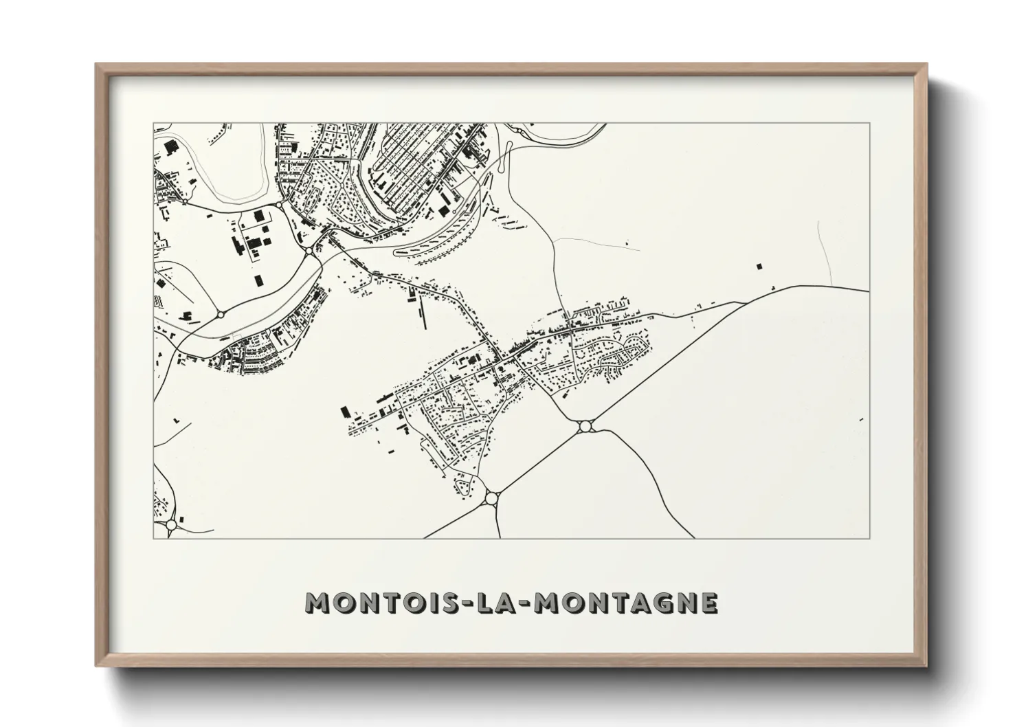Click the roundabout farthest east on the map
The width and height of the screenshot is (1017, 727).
[585, 427]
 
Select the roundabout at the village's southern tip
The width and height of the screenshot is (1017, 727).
[491, 497]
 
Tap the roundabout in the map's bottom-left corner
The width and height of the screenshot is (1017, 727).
[171, 525]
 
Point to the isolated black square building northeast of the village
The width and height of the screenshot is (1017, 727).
[759, 265]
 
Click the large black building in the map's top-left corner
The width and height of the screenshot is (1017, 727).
[169, 145]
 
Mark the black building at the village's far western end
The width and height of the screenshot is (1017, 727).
[345, 411]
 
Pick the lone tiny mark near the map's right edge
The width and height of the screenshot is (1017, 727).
[860, 419]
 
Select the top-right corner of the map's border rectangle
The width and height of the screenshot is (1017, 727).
[870, 124]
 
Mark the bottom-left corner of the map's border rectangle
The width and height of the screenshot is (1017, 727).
[153, 538]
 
